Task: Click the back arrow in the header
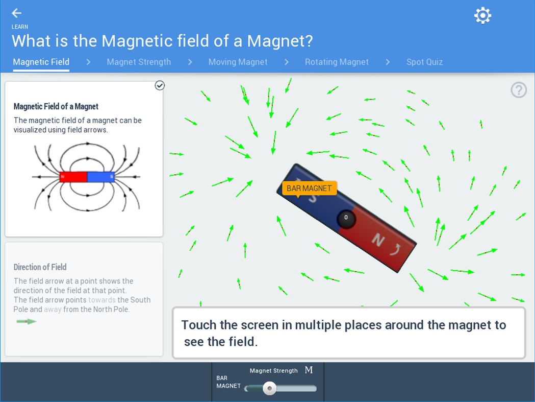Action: (17, 13)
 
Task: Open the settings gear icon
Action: (482, 15)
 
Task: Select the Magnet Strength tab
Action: (139, 62)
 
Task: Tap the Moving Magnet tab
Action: (238, 62)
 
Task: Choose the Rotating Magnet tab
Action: (337, 62)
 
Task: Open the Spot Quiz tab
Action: (424, 62)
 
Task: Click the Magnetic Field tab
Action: (41, 62)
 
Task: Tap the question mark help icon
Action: (519, 90)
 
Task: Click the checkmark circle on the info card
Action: (160, 85)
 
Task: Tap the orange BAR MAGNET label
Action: (309, 188)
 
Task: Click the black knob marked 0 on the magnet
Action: (346, 218)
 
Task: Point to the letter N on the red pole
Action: (377, 240)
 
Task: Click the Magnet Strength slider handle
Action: (269, 389)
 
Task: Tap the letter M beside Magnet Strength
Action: (309, 370)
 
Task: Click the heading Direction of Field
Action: (40, 267)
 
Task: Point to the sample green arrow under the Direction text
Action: (27, 321)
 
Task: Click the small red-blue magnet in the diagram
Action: (87, 177)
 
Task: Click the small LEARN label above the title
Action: (20, 27)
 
